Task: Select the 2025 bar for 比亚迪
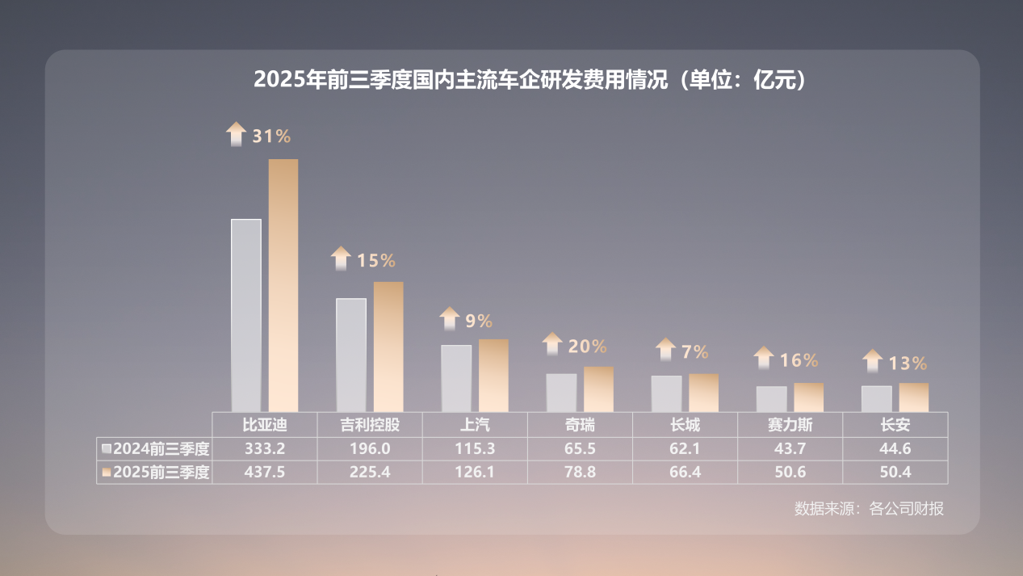pyautogui.click(x=283, y=285)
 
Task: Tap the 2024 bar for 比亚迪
pyautogui.click(x=246, y=315)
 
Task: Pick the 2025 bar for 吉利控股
pyautogui.click(x=388, y=347)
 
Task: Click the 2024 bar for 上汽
pyautogui.click(x=456, y=378)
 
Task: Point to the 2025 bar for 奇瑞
pyautogui.click(x=598, y=389)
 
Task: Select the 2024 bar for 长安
pyautogui.click(x=876, y=399)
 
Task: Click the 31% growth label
pyautogui.click(x=271, y=136)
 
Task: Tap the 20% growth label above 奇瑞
pyautogui.click(x=587, y=347)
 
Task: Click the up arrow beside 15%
pyautogui.click(x=341, y=259)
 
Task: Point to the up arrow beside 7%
pyautogui.click(x=665, y=350)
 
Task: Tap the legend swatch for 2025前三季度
pyautogui.click(x=107, y=473)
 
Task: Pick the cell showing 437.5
pyautogui.click(x=265, y=473)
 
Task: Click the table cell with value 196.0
pyautogui.click(x=371, y=448)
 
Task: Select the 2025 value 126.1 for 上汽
pyautogui.click(x=476, y=473)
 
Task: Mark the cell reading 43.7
pyautogui.click(x=790, y=448)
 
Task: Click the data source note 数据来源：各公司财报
pyautogui.click(x=869, y=509)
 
